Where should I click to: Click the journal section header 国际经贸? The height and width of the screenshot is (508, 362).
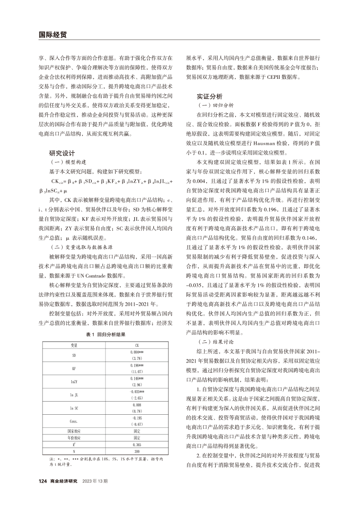pyautogui.click(x=53, y=35)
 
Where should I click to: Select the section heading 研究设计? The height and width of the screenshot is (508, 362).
pyautogui.click(x=62, y=154)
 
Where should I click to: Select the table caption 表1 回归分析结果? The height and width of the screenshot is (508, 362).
pyautogui.click(x=106, y=334)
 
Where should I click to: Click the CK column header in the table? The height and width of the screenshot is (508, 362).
pyautogui.click(x=137, y=345)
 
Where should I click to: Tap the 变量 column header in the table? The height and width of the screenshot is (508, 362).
pyautogui.click(x=74, y=345)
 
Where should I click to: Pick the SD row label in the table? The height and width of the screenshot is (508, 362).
pyautogui.click(x=74, y=355)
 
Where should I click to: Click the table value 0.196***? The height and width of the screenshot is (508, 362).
pyautogui.click(x=137, y=366)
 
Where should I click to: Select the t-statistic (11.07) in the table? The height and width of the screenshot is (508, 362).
pyautogui.click(x=137, y=372)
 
